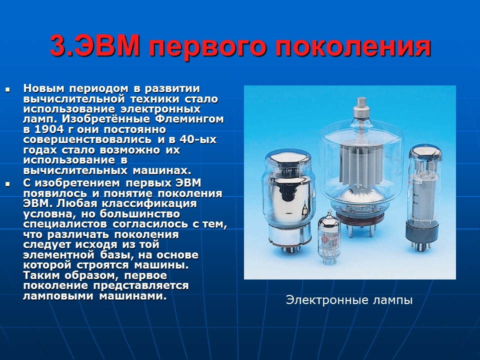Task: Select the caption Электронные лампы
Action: pos(349,300)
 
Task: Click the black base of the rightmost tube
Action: pos(424,232)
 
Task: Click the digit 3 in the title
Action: pos(56,46)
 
